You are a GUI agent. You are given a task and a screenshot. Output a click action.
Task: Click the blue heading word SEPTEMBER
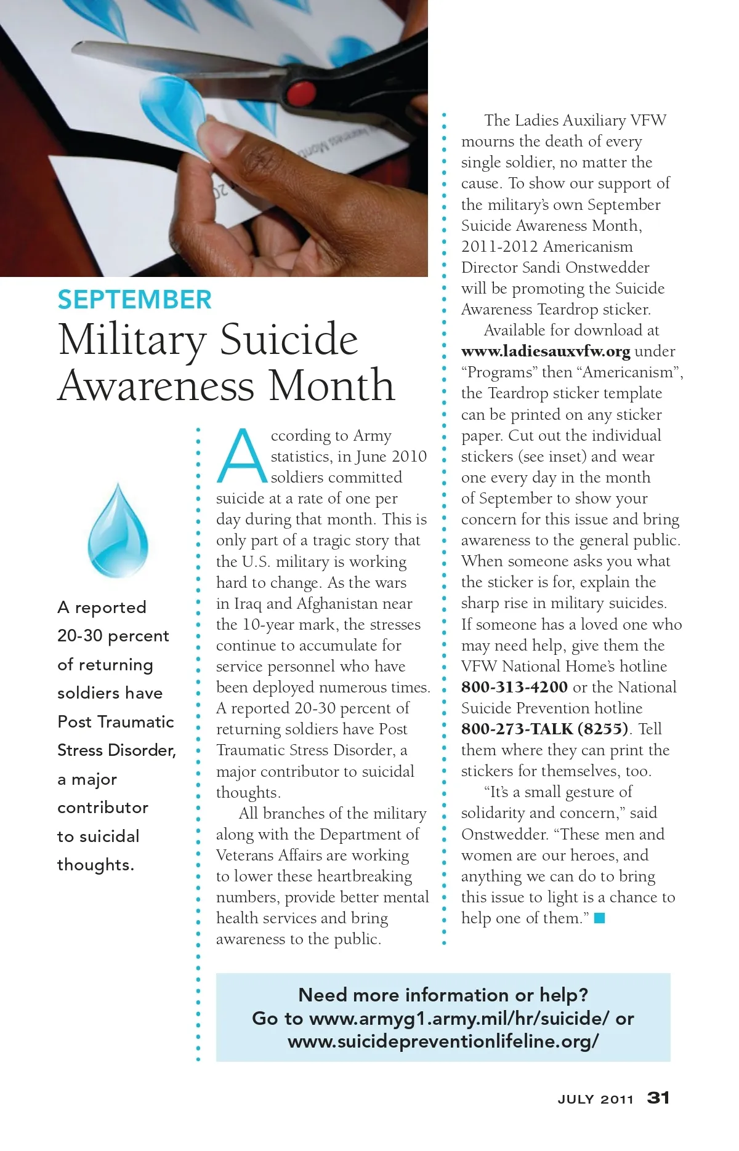(x=134, y=300)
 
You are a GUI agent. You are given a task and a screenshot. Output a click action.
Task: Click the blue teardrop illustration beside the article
(x=118, y=531)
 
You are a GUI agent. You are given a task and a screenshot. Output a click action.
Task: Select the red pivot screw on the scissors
(x=301, y=92)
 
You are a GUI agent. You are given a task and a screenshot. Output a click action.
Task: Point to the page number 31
(x=658, y=1097)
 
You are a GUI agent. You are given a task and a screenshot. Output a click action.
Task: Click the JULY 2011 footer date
(x=595, y=1099)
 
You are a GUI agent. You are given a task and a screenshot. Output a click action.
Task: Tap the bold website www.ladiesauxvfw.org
(x=546, y=351)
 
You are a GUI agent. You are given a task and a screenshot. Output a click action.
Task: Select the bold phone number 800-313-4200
(x=514, y=688)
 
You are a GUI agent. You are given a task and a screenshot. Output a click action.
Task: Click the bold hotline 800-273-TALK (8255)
(x=545, y=729)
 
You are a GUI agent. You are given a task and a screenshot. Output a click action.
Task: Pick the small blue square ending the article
(x=600, y=918)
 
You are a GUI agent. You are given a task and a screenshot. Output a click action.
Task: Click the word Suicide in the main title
(x=289, y=340)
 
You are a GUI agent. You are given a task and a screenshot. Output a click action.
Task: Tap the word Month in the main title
(x=332, y=386)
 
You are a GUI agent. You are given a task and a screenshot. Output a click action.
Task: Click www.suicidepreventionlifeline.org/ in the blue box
(x=443, y=1041)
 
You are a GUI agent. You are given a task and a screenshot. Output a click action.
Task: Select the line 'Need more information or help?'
(x=443, y=995)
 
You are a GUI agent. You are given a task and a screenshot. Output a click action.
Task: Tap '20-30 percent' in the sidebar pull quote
(x=113, y=636)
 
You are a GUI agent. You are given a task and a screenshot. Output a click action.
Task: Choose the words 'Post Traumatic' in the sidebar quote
(x=115, y=721)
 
